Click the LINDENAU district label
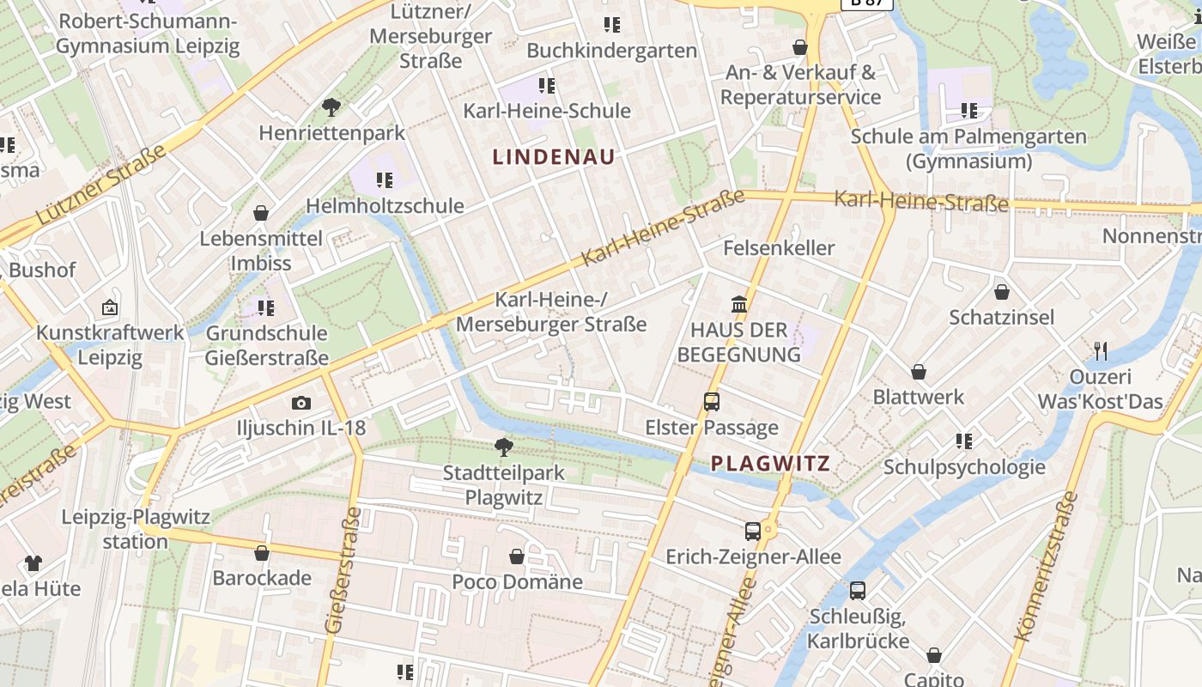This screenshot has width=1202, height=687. click(x=554, y=157)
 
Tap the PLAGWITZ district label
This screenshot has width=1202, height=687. click(x=770, y=464)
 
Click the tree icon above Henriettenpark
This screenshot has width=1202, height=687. click(x=331, y=107)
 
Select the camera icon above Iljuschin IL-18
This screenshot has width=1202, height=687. click(x=300, y=403)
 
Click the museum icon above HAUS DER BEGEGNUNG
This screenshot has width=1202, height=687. click(x=738, y=304)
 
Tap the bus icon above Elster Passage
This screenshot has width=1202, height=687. click(x=711, y=401)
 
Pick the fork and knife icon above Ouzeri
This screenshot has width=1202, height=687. click(x=1101, y=350)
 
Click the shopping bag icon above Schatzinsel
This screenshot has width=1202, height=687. click(x=1001, y=292)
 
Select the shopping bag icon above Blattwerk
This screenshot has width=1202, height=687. click(x=918, y=372)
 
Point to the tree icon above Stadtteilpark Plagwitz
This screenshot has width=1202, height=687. click(x=504, y=447)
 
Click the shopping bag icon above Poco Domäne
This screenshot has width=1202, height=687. click(x=517, y=556)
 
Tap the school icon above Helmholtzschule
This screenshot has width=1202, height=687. click(x=384, y=180)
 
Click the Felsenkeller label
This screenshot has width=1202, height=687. click(x=779, y=248)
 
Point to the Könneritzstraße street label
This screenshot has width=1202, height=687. click(x=1046, y=567)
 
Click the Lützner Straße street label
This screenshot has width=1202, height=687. click(x=101, y=186)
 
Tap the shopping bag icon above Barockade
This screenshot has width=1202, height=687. click(x=262, y=553)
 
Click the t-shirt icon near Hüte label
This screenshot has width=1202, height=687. click(x=33, y=563)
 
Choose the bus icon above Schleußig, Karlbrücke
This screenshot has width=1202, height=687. click(x=857, y=591)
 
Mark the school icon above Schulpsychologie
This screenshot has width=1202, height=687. click(x=964, y=441)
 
